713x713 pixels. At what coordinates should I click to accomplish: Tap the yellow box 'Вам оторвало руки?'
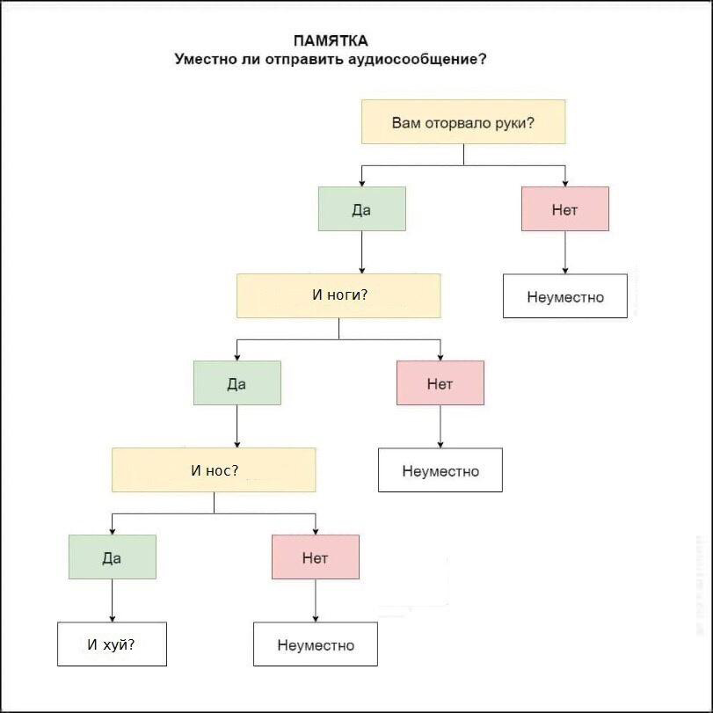click(463, 122)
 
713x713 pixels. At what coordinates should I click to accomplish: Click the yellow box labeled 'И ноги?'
click(338, 295)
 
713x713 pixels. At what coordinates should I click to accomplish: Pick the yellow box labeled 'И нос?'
click(214, 470)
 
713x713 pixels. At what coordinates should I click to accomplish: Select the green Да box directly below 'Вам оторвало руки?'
click(361, 209)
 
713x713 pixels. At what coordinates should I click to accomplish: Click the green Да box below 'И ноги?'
click(236, 383)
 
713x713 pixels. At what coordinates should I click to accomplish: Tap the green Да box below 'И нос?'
click(112, 557)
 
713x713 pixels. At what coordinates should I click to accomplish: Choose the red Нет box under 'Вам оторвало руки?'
click(564, 209)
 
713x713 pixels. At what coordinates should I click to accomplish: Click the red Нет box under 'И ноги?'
click(440, 383)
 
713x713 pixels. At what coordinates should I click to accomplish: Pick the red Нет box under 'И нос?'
click(315, 557)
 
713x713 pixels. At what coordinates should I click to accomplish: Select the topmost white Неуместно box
click(564, 296)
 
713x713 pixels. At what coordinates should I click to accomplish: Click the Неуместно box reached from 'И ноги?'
click(440, 470)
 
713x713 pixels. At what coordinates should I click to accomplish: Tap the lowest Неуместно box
click(315, 644)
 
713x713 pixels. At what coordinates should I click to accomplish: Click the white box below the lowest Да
click(112, 644)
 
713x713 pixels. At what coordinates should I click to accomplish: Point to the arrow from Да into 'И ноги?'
click(361, 253)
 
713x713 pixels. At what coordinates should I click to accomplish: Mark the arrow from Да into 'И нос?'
click(236, 427)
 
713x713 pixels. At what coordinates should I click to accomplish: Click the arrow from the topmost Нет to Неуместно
click(564, 253)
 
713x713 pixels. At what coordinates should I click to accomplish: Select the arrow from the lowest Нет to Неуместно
click(315, 601)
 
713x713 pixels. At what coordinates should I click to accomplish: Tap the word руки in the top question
click(512, 122)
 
